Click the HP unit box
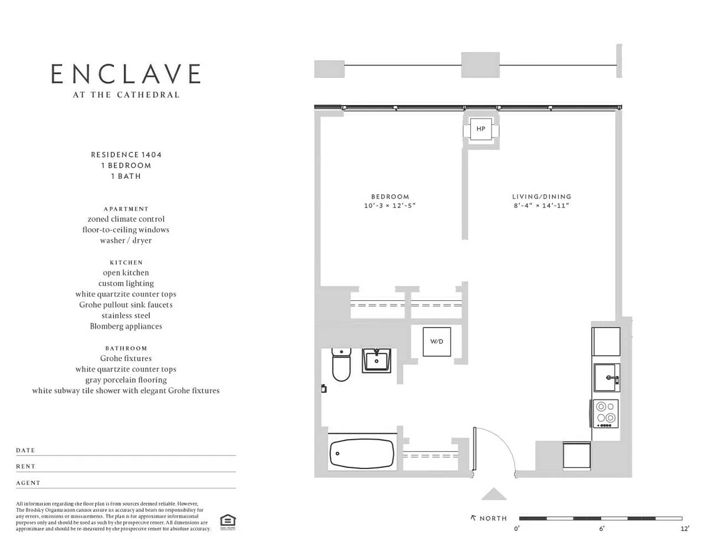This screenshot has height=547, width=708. (481, 129)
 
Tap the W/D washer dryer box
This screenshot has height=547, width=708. (437, 342)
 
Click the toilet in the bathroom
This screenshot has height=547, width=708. (341, 365)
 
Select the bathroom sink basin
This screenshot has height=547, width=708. (376, 361)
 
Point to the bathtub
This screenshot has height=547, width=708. (362, 453)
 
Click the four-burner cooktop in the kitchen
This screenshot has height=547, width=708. (606, 414)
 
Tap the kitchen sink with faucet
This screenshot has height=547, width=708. (607, 378)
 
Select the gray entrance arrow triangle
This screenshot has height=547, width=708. (494, 494)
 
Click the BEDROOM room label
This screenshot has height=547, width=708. (390, 196)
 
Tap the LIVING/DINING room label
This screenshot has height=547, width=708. (542, 196)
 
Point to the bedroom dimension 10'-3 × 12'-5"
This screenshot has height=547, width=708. (389, 205)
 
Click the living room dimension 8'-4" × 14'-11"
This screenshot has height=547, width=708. (541, 205)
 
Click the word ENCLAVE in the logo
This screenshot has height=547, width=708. (126, 74)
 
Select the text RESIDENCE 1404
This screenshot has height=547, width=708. (126, 155)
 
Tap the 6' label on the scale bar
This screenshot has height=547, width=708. (601, 529)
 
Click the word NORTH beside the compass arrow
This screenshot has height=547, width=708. (493, 518)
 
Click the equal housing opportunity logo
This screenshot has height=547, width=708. (228, 522)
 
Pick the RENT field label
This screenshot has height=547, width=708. (26, 466)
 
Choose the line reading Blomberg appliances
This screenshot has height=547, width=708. (126, 326)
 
